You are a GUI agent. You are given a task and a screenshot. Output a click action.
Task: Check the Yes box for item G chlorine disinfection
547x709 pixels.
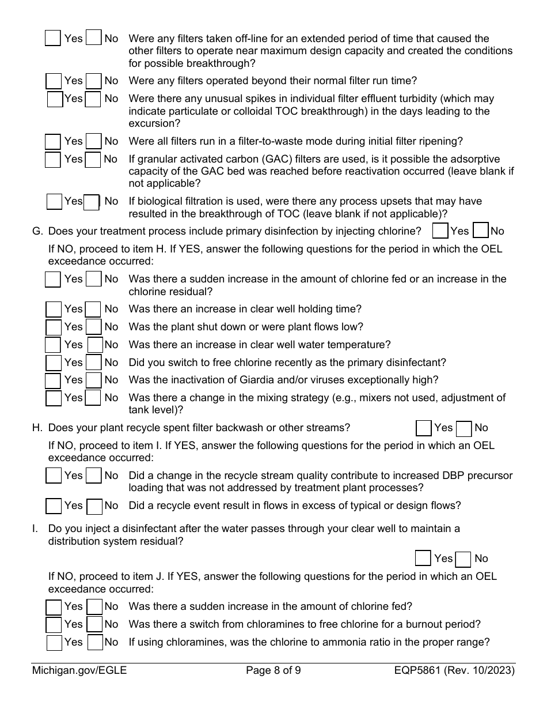tap(440, 231)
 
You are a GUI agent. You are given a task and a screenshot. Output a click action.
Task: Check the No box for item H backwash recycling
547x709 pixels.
tap(464, 428)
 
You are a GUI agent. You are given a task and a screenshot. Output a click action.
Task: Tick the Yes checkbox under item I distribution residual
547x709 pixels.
tap(423, 559)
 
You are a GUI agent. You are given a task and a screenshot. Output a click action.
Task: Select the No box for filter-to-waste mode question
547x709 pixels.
tap(93, 141)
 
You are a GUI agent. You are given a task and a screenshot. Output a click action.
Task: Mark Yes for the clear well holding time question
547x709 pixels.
tap(54, 310)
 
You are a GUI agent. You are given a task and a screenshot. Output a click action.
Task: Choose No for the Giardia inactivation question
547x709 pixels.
tap(93, 380)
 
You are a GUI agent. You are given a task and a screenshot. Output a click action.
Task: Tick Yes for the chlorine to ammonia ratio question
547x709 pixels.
tap(54, 642)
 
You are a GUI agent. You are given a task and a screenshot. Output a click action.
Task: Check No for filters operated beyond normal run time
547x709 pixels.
tap(93, 81)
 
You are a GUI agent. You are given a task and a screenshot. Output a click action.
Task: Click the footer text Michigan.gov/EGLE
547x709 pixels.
tap(79, 670)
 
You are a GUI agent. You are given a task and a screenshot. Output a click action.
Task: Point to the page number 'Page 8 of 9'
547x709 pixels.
tap(273, 670)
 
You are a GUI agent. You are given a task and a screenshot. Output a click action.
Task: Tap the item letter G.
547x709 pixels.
tap(37, 231)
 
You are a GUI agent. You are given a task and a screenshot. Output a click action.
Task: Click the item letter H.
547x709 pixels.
tap(37, 428)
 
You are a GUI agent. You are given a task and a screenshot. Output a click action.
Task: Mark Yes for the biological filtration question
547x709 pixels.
tap(55, 202)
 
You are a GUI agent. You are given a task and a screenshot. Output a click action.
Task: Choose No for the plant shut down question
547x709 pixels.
tap(93, 327)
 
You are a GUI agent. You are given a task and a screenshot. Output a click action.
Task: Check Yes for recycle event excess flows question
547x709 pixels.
tap(54, 506)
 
